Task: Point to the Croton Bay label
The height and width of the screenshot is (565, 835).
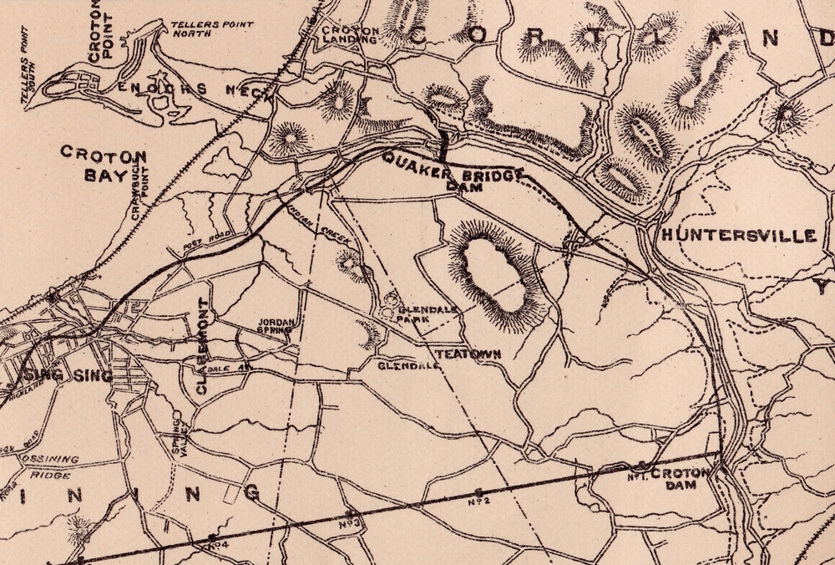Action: [104, 165]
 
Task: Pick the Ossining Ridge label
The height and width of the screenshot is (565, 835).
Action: [49, 465]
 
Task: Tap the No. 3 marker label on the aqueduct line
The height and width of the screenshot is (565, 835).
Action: [350, 523]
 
